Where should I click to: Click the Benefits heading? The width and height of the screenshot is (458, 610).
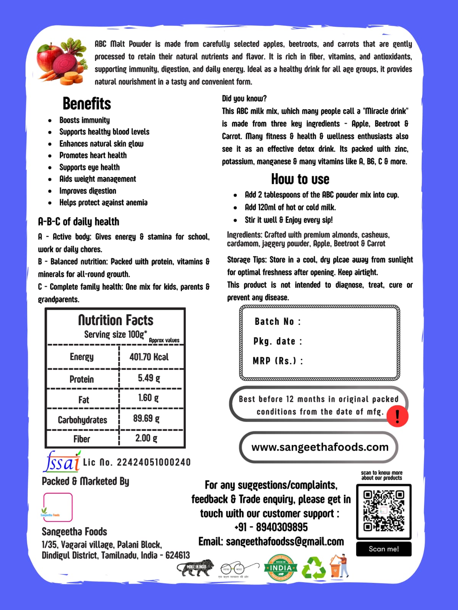[87, 104]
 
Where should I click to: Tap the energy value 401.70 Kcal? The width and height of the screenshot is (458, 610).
[149, 357]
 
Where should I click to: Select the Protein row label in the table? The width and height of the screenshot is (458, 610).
[82, 379]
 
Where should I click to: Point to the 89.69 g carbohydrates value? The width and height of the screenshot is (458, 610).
[146, 419]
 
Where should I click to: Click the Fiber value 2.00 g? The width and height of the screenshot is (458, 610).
[146, 438]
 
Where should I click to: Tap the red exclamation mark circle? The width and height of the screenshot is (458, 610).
[397, 416]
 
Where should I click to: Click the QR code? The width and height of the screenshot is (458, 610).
[384, 511]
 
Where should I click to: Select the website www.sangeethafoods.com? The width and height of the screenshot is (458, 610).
[319, 447]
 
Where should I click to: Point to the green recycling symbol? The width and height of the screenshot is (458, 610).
[314, 568]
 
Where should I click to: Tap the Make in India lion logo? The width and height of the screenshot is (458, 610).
[195, 568]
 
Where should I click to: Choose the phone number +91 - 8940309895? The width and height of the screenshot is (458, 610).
[271, 527]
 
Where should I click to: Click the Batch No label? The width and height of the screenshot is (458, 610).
[277, 322]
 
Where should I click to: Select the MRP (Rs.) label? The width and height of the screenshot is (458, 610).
[277, 361]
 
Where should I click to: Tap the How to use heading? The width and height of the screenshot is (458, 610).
[300, 179]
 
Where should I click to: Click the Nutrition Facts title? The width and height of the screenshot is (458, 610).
[116, 320]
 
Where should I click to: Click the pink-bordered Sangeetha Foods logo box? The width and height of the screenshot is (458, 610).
[58, 507]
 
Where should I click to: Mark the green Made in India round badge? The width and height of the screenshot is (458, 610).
[281, 568]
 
